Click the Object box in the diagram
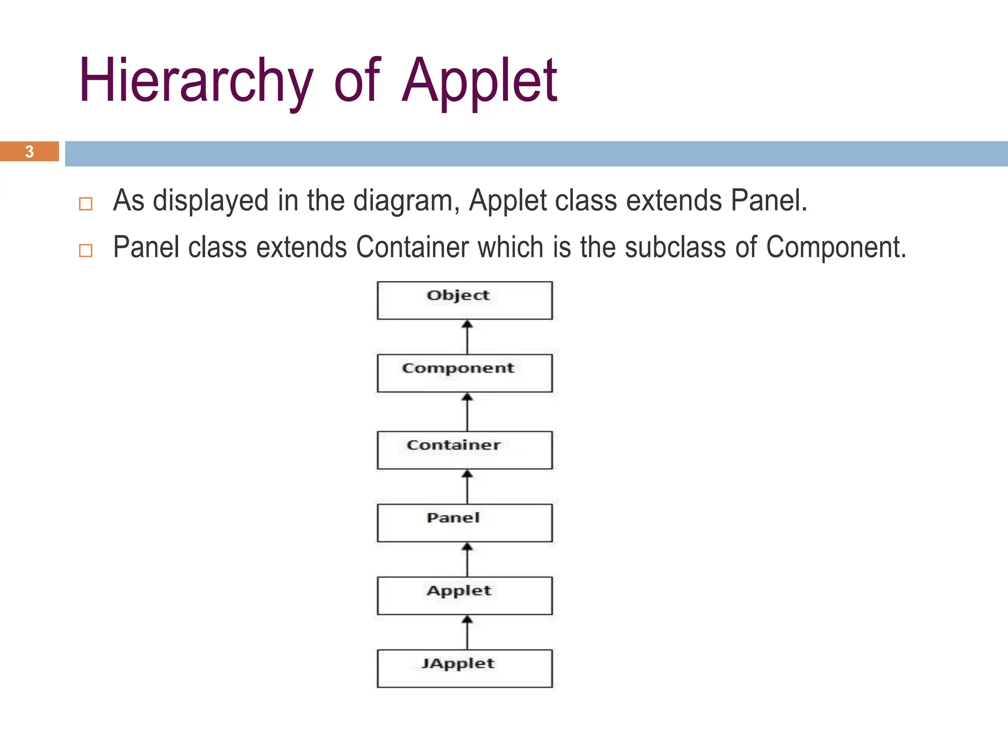pyautogui.click(x=465, y=300)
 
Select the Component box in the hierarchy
pyautogui.click(x=465, y=373)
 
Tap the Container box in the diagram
pyautogui.click(x=465, y=450)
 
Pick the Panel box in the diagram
pyautogui.click(x=465, y=523)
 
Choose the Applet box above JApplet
pyautogui.click(x=465, y=596)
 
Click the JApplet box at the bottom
pyautogui.click(x=465, y=668)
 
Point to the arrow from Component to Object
pyautogui.click(x=467, y=337)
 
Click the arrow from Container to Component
pyautogui.click(x=467, y=412)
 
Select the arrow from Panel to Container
pyautogui.click(x=467, y=487)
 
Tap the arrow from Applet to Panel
pyautogui.click(x=467, y=560)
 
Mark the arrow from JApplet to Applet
pyautogui.click(x=467, y=632)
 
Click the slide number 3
pyautogui.click(x=30, y=152)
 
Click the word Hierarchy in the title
pyautogui.click(x=196, y=81)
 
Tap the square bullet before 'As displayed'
pyautogui.click(x=86, y=204)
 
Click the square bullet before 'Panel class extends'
pyautogui.click(x=86, y=251)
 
